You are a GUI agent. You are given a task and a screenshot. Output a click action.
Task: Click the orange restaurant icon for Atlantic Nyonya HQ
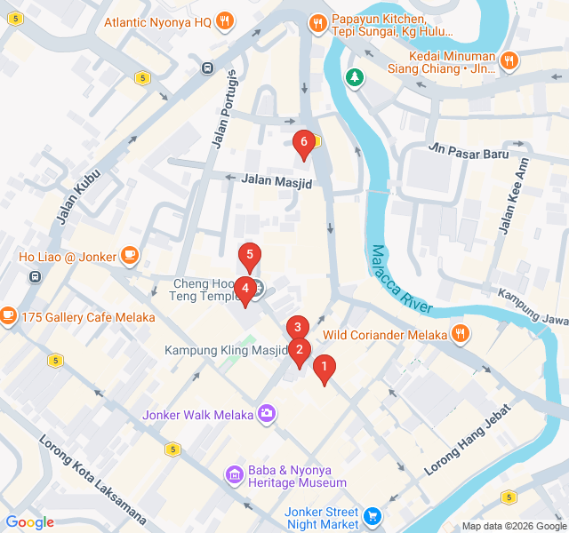[x=225, y=22]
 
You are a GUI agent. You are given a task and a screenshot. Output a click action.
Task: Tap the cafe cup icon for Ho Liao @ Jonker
[x=130, y=257]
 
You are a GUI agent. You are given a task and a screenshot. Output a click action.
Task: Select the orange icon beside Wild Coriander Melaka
[x=460, y=334]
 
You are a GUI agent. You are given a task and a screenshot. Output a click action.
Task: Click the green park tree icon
[x=355, y=78]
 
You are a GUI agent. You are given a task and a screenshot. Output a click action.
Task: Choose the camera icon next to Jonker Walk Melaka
[x=266, y=413]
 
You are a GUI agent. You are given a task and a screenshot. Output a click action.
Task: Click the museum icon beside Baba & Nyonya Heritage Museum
[x=234, y=474]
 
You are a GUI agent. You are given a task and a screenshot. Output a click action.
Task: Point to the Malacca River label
[x=402, y=279]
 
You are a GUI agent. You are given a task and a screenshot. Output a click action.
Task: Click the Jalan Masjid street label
[x=276, y=180]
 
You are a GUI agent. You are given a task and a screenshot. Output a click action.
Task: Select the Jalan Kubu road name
[x=76, y=194]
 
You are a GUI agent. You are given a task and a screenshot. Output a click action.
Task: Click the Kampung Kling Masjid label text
[x=226, y=350]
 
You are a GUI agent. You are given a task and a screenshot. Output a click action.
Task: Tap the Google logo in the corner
[x=30, y=522]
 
